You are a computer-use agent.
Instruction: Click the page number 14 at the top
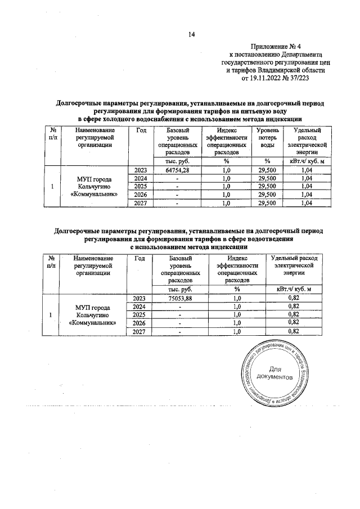[x=191, y=34]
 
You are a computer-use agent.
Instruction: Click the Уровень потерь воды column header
[x=268, y=138]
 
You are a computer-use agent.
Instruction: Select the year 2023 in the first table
[x=141, y=170]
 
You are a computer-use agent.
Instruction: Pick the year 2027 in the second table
[x=140, y=332]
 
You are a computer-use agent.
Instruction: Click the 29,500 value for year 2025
[x=268, y=186]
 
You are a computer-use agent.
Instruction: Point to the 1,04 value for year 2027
[x=306, y=203]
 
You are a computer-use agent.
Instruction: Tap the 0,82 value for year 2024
[x=293, y=307]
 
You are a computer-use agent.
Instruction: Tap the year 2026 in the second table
[x=140, y=323]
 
